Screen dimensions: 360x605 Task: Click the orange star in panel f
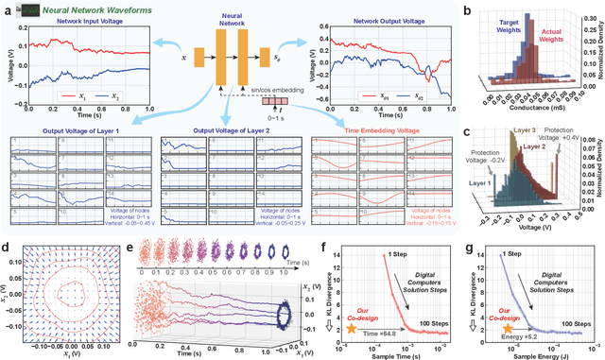pyautogui.click(x=350, y=326)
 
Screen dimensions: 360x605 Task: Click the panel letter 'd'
pyautogui.click(x=7, y=249)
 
